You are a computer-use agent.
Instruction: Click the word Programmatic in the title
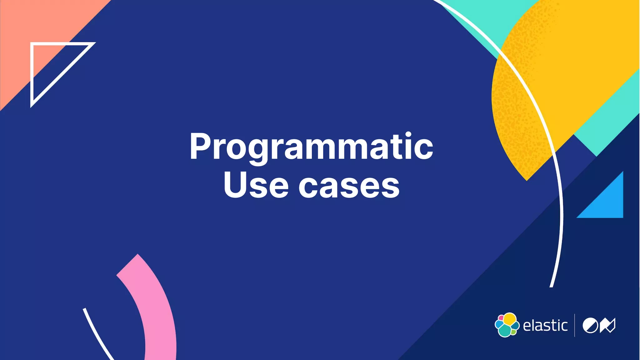[x=311, y=147]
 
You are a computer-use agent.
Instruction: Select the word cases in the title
[x=349, y=187]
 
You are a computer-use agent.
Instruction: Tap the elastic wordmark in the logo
[x=545, y=326]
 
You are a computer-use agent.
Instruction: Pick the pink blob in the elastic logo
[x=501, y=318]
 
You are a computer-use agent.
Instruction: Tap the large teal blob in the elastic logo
[x=504, y=331]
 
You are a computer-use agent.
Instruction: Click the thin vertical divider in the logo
[x=574, y=325]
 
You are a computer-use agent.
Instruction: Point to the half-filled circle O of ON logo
[x=590, y=326]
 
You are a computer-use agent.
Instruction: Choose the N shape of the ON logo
[x=607, y=326]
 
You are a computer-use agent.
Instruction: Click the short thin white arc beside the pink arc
[x=97, y=334]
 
